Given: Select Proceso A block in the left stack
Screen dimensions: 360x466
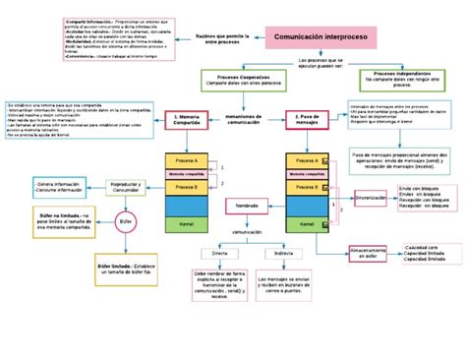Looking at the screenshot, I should [187, 160].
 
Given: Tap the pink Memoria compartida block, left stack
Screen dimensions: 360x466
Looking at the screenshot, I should [187, 174].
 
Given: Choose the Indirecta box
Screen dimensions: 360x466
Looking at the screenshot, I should [284, 253].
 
